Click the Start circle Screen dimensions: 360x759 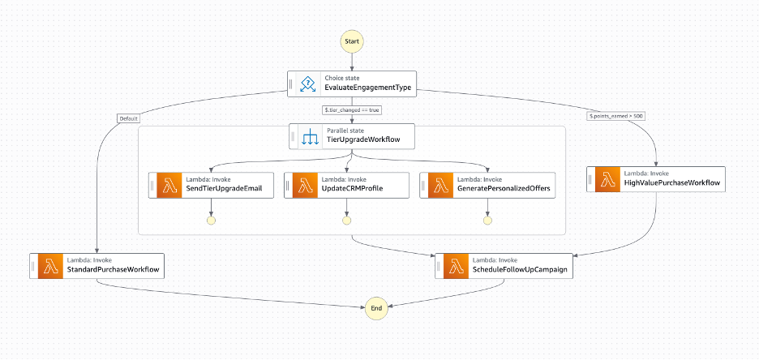(x=352, y=40)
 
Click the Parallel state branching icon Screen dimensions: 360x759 (x=309, y=136)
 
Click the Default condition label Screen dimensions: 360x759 (x=128, y=118)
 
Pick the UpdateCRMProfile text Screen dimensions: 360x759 (x=352, y=189)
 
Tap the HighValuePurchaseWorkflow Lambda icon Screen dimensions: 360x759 (x=607, y=179)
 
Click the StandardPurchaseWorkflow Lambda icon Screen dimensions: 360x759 (x=50, y=266)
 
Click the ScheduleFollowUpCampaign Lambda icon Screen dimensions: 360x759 (x=456, y=266)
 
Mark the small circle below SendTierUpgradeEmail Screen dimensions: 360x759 (x=211, y=220)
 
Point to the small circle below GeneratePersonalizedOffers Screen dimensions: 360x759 (x=487, y=220)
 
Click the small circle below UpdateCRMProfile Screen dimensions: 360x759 (x=346, y=220)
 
